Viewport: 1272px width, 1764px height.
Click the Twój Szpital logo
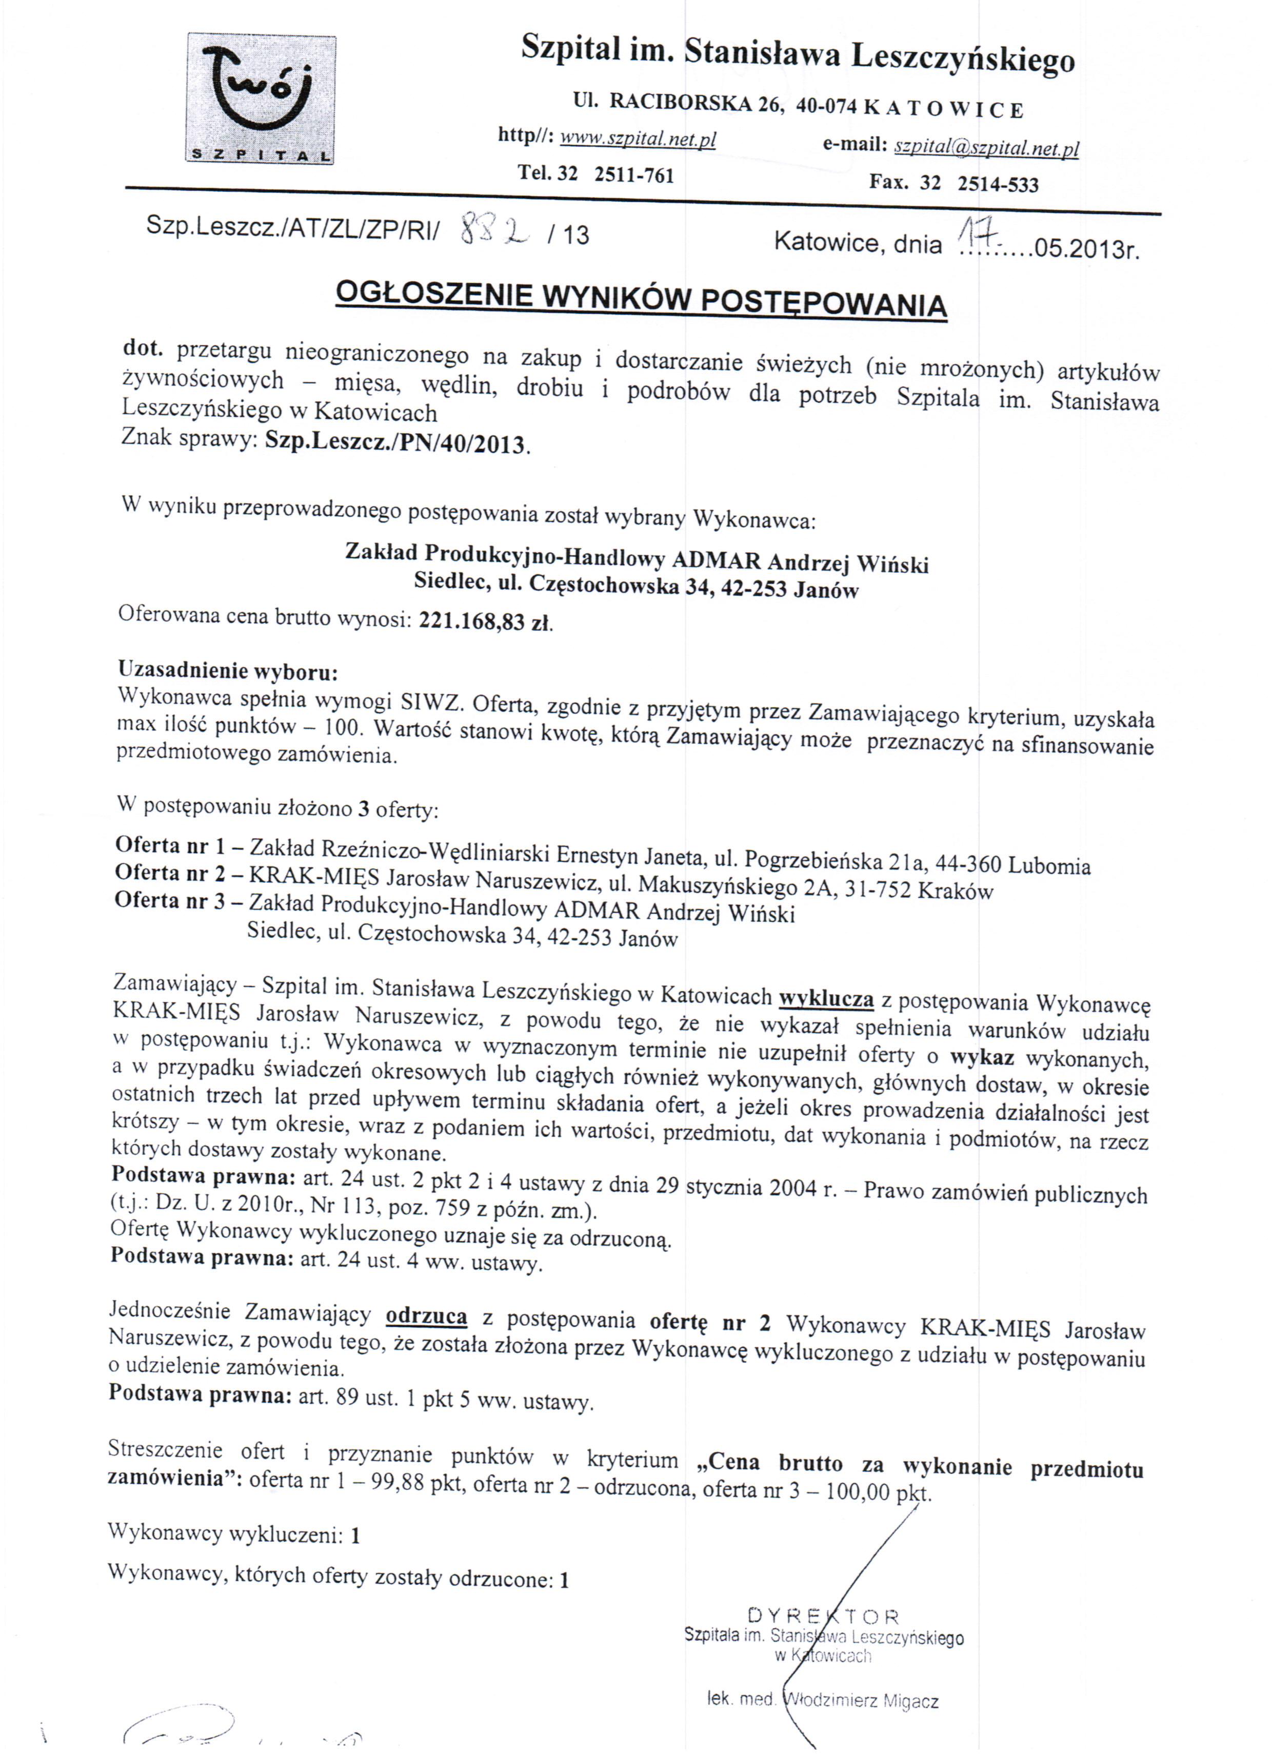(x=261, y=99)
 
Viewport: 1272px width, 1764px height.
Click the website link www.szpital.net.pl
(x=638, y=139)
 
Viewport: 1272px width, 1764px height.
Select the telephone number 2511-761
(x=633, y=175)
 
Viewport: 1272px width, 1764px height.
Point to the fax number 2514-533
(x=998, y=184)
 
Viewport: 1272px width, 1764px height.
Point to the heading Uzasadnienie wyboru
(x=228, y=670)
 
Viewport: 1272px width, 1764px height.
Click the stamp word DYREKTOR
(x=823, y=1616)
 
